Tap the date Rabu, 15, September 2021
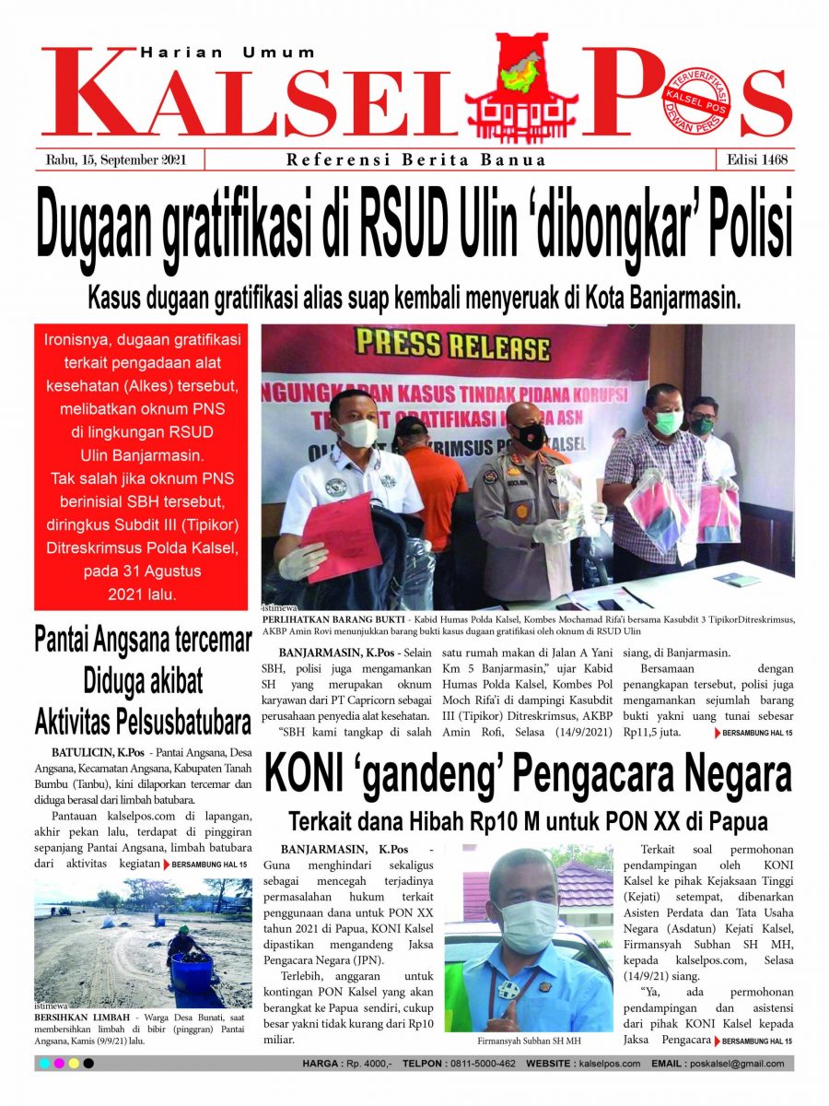click(117, 159)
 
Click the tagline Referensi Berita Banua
click(415, 159)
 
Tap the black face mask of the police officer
click(531, 436)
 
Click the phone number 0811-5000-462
click(484, 1064)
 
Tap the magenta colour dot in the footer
click(59, 1064)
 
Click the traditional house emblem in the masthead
click(521, 88)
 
